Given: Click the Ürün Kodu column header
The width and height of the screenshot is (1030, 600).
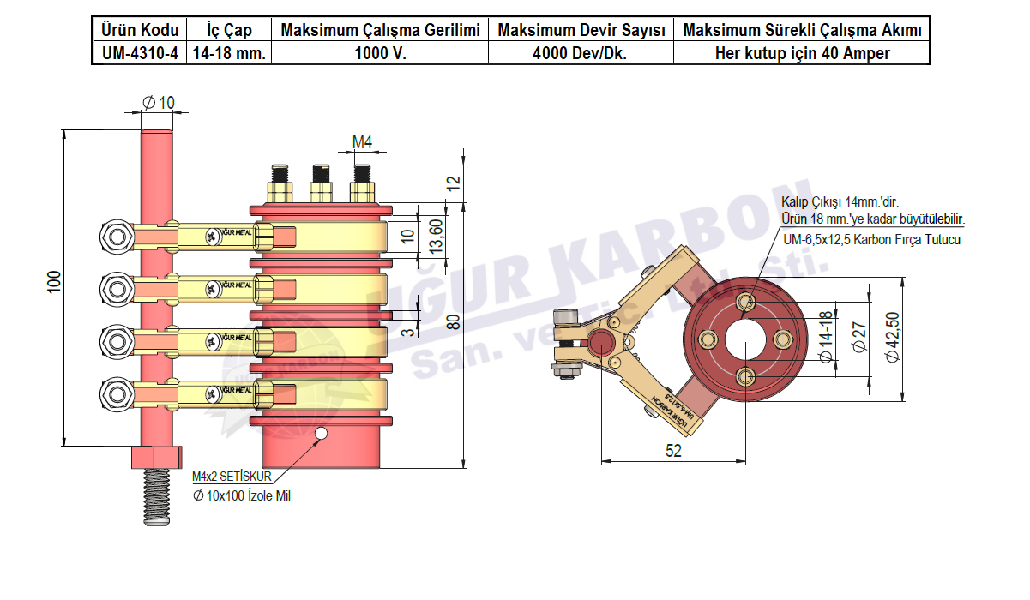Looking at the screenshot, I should (x=137, y=31).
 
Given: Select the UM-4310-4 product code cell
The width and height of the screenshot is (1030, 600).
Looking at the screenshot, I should (x=137, y=53).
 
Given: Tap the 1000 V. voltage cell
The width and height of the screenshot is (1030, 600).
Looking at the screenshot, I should (x=380, y=53).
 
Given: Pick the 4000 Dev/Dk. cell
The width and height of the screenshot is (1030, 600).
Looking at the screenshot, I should (x=581, y=53).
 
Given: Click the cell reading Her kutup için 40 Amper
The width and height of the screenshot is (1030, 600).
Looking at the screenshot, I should (x=802, y=53).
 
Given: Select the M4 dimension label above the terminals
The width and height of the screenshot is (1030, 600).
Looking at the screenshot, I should (x=363, y=141).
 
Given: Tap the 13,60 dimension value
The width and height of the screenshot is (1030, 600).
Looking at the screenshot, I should (x=435, y=236).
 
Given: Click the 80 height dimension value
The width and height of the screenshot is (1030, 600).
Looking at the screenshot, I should (x=454, y=321).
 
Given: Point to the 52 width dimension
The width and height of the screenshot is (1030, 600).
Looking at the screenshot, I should (x=673, y=451).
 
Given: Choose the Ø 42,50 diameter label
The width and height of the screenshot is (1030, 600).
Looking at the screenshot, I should (x=892, y=338).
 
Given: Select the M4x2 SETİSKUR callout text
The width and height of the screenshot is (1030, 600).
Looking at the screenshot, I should (x=231, y=477).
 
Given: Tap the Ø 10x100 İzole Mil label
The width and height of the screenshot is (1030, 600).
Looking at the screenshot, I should (x=242, y=495).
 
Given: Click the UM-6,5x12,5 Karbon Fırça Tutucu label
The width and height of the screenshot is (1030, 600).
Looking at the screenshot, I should (x=871, y=239).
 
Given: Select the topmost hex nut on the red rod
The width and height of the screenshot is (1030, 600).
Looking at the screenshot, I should (x=116, y=234).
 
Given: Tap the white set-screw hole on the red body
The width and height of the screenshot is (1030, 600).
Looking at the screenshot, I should (x=322, y=434).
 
